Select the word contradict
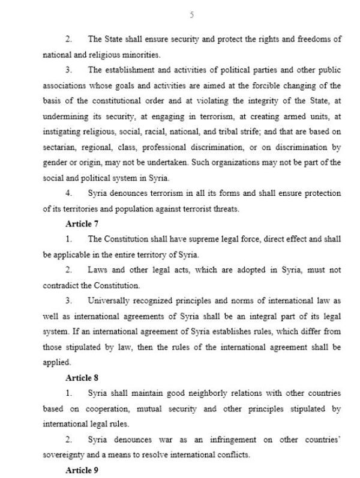pyautogui.click(x=61, y=286)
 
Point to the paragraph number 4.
pyautogui.click(x=69, y=193)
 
